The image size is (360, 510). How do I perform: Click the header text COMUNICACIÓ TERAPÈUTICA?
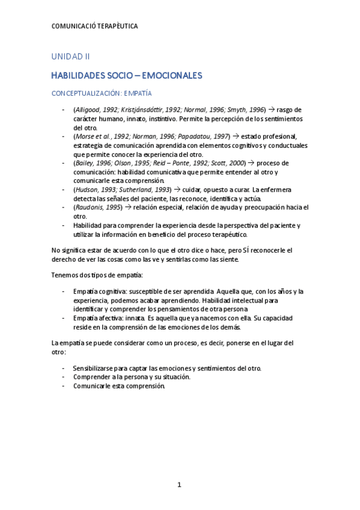click(95, 26)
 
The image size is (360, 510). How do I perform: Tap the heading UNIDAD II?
click(70, 57)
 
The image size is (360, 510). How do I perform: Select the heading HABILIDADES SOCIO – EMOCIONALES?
click(126, 76)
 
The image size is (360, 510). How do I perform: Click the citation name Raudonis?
click(90, 207)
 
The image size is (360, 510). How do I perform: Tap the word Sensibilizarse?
click(96, 368)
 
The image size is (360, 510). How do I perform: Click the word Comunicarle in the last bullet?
click(93, 386)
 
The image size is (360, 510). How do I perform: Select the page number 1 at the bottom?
click(180, 484)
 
